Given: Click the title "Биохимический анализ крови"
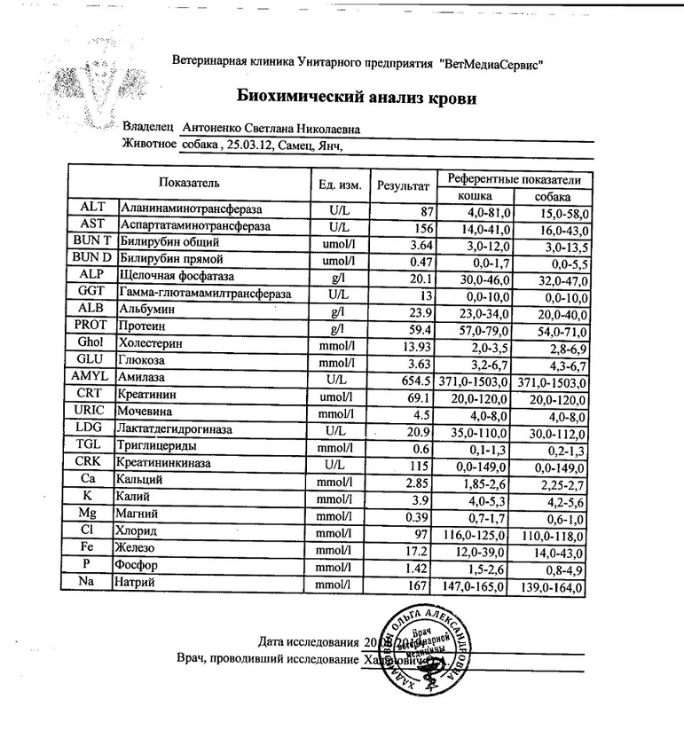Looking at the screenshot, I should tap(356, 98).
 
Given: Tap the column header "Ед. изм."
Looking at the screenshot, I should tap(339, 185).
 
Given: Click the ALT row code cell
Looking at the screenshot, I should tap(92, 208).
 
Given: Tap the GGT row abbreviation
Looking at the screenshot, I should tap(92, 293).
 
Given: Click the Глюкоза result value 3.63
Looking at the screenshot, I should tap(419, 361).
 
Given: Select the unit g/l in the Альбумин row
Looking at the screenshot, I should tap(337, 310).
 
